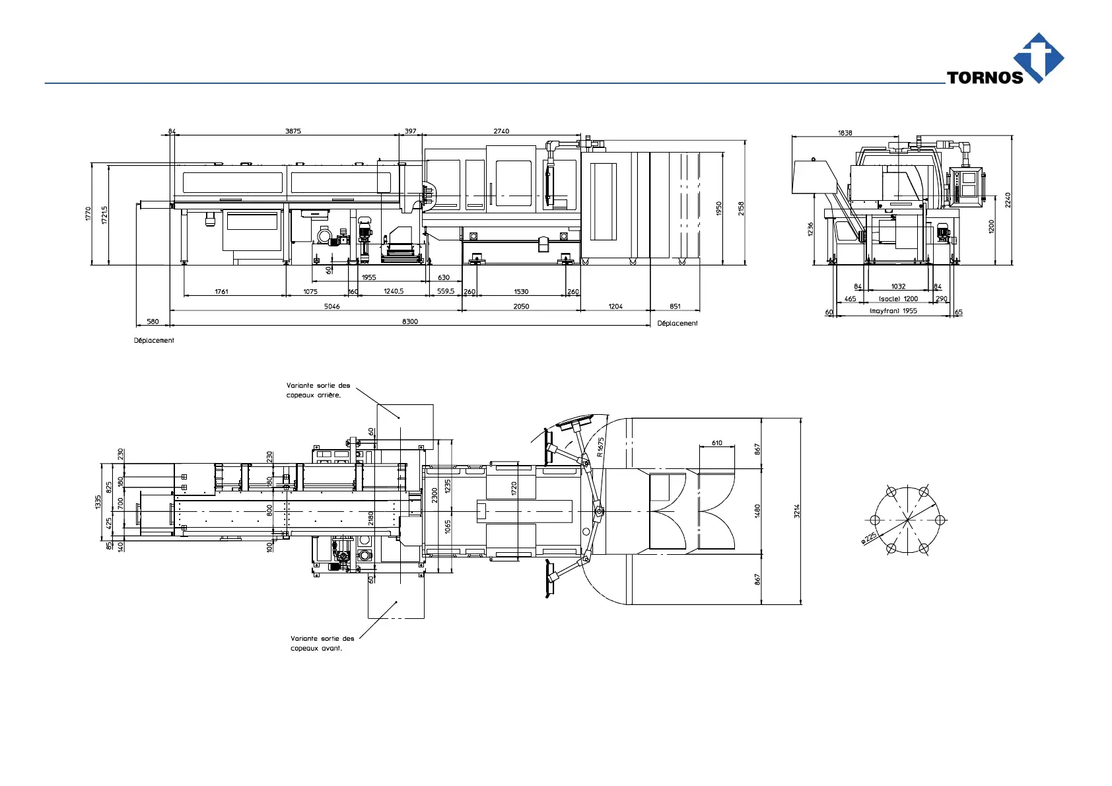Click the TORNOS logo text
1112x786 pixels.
pos(985,77)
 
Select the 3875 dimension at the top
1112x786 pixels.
pos(293,131)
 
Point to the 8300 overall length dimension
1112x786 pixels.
pos(410,322)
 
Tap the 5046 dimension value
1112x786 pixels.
pos(331,306)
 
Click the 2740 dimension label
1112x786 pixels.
pos(501,131)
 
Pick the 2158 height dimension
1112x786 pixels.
pos(741,208)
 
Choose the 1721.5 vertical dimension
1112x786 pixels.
pos(104,214)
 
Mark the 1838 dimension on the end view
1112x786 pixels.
pos(845,133)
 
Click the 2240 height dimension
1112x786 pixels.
pos(1008,199)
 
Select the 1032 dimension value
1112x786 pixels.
pos(898,287)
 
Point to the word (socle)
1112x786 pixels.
pos(889,299)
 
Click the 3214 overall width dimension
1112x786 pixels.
pos(797,511)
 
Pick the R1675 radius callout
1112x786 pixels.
pos(600,447)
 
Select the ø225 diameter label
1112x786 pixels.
pos(869,538)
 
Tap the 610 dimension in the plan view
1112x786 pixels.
pos(716,443)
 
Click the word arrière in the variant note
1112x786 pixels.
pos(328,395)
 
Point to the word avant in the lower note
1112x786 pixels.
pos(331,649)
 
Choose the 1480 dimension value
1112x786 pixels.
pos(757,511)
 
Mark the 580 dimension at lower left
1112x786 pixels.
pos(153,322)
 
